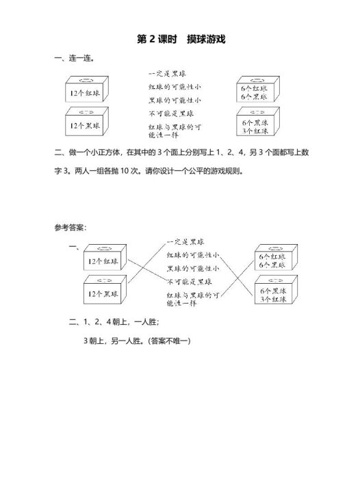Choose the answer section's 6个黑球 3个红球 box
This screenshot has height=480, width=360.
click(x=272, y=295)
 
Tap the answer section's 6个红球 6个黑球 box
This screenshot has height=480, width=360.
click(x=272, y=261)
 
